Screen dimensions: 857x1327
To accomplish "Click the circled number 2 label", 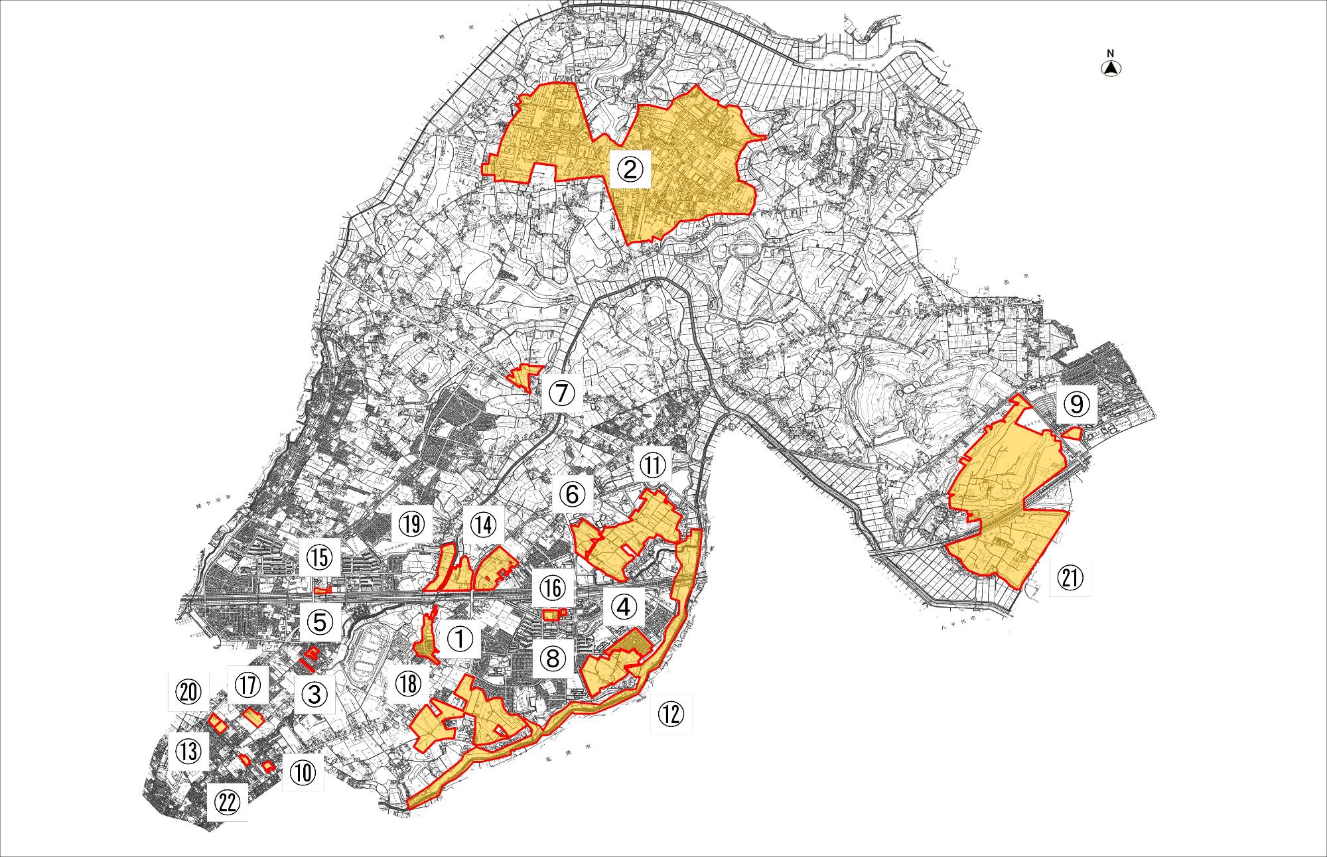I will tap(631, 170).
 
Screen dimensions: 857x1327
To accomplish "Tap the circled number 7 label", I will tap(561, 393).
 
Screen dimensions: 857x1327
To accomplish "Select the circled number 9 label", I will tap(1077, 406).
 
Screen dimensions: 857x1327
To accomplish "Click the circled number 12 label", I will tap(671, 714).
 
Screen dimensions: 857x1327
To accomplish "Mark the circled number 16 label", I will tap(552, 588).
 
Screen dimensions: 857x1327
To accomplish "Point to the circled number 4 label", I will tap(624, 606).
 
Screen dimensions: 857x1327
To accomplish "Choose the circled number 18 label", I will tap(409, 686).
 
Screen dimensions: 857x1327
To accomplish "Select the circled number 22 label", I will tap(226, 803).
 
